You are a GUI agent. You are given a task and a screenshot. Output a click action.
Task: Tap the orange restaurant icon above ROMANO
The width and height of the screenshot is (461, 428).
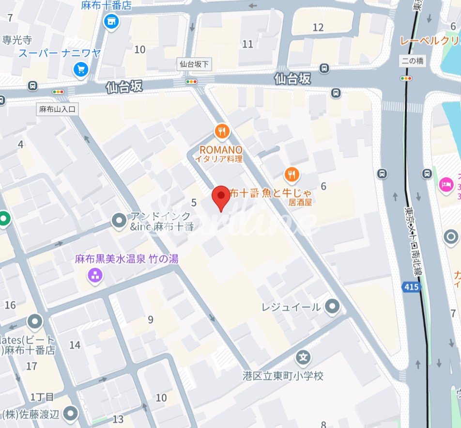pos(222,131)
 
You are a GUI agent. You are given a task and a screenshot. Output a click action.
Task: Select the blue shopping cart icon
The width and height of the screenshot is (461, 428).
pos(81,70)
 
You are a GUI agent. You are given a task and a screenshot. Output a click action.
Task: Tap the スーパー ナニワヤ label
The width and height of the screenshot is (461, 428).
pos(60,53)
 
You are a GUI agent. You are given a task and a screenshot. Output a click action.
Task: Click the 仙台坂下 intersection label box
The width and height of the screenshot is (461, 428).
pos(194,63)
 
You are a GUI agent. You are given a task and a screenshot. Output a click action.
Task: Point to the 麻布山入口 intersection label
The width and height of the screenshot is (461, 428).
pos(58,110)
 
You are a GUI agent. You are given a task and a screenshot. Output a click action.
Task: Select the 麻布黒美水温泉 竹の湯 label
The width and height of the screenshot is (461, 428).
pos(126,259)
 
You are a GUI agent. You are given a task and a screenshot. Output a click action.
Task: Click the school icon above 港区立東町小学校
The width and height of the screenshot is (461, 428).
pos(303,358)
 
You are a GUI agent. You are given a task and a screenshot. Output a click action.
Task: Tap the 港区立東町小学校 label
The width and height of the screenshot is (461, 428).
pos(283,376)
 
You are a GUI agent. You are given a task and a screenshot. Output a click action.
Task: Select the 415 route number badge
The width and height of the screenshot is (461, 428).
pos(411,287)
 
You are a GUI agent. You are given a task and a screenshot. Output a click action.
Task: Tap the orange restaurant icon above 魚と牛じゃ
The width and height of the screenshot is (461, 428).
pos(292,174)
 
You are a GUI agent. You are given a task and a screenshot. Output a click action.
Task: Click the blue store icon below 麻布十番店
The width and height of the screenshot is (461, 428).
pos(111,21)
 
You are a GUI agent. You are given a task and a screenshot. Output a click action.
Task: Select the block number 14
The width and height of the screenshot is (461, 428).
pos(75,345)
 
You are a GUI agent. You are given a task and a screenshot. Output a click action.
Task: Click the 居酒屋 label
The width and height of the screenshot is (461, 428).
pos(300,203)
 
